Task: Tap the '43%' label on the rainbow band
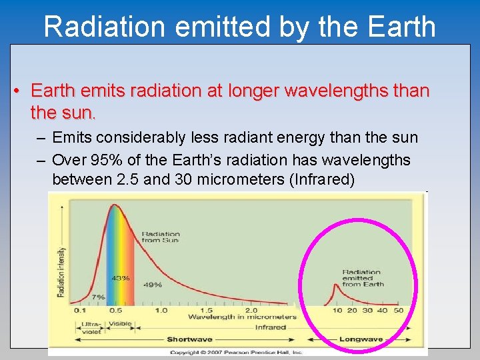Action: [121, 278]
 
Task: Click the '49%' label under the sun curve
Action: [153, 285]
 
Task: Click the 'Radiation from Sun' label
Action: [161, 237]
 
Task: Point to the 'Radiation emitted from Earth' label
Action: [362, 278]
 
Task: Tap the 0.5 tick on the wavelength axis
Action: [115, 310]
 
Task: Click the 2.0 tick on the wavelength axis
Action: [251, 310]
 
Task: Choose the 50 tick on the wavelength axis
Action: [398, 310]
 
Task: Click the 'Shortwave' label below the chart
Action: [189, 339]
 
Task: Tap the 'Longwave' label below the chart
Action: [361, 339]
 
